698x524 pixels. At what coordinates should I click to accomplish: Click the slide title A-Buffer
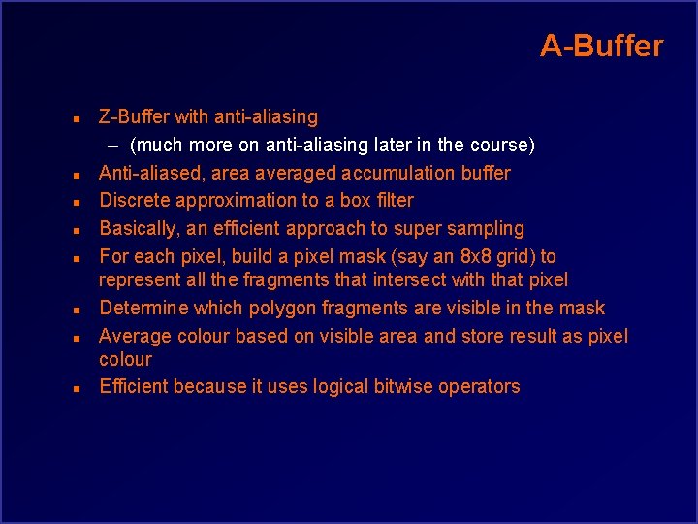(x=601, y=46)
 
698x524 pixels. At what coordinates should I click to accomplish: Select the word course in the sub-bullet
(x=498, y=146)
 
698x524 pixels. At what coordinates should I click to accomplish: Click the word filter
(x=391, y=201)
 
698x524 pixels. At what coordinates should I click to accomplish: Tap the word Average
(x=135, y=337)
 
